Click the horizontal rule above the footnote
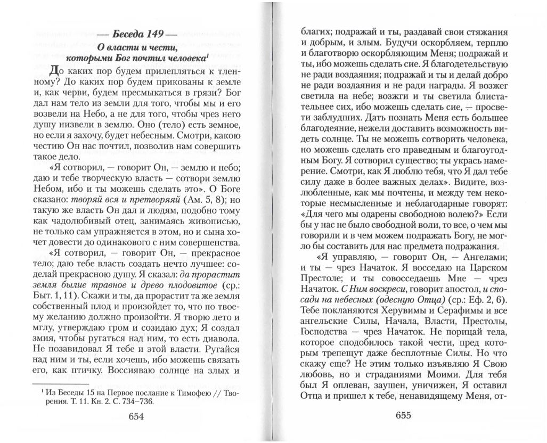60,383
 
